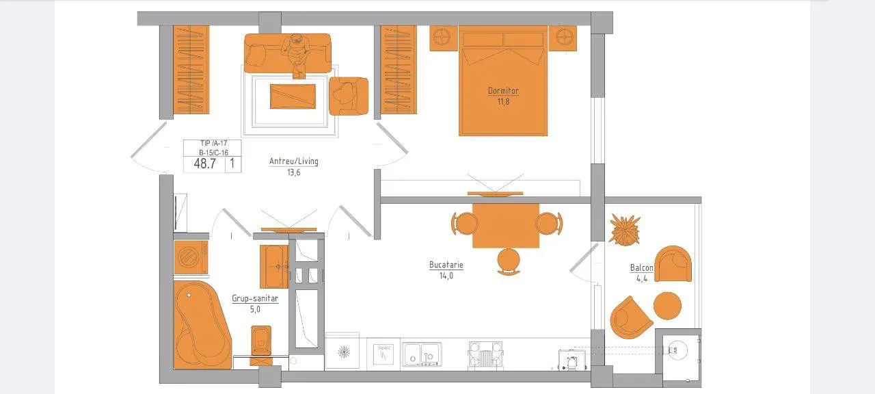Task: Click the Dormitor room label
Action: tap(503, 91)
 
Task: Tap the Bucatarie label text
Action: tap(446, 265)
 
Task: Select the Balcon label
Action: tap(641, 267)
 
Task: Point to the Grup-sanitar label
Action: tap(255, 298)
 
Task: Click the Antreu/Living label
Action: tap(294, 161)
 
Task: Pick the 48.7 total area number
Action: tap(205, 163)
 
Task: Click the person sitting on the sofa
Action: tap(297, 54)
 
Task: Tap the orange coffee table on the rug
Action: tap(293, 96)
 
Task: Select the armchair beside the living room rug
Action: tap(349, 96)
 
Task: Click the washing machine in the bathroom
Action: tap(191, 257)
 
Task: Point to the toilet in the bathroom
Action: tap(261, 345)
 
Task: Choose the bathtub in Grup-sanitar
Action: tap(202, 325)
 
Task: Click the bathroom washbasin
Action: tap(275, 267)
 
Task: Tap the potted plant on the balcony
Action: tap(625, 229)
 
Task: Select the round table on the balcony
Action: tap(667, 306)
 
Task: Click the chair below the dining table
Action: tap(508, 261)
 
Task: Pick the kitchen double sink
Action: tap(422, 354)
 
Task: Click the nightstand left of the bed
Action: tap(444, 38)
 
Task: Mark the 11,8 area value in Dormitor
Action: tap(503, 102)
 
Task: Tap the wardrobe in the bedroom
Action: tap(399, 70)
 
